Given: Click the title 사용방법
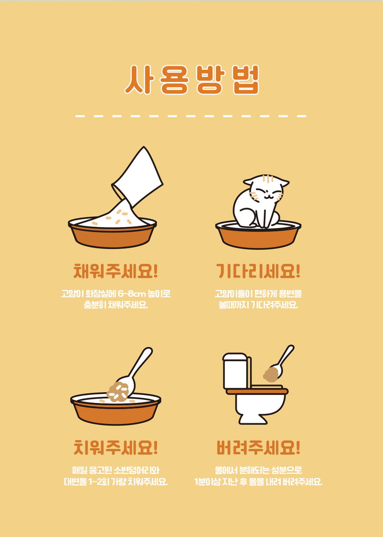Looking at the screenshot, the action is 191,80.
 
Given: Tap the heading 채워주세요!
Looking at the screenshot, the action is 115,271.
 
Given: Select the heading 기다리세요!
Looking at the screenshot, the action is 258,271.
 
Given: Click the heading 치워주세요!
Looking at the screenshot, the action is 115,447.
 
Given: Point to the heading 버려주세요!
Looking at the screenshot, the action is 258,447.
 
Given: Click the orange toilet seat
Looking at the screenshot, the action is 257,392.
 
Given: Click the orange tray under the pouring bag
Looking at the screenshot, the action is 112,234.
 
